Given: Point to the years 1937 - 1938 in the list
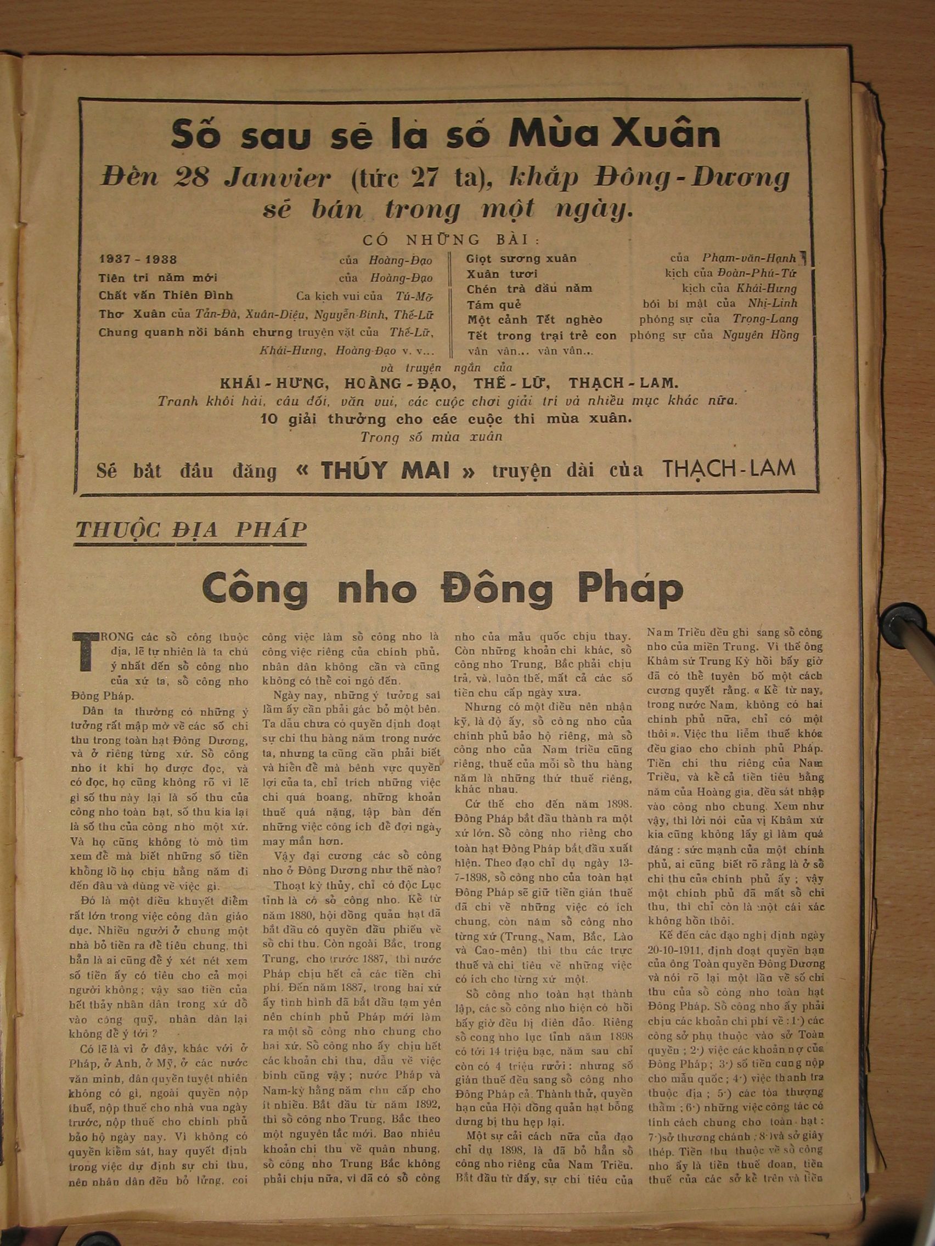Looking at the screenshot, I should (138, 260).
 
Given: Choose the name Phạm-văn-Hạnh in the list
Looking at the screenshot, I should (749, 258).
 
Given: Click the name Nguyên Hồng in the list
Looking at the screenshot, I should (761, 336).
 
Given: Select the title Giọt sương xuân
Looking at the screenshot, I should (522, 259).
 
